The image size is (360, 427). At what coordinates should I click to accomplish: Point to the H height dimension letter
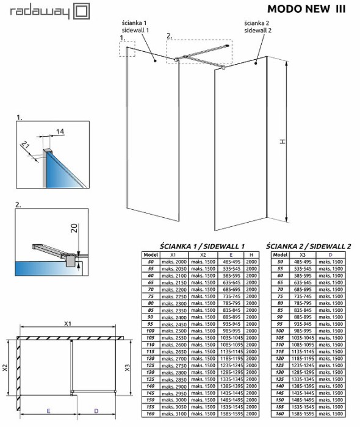coord(282,141)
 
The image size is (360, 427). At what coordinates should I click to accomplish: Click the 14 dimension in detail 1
coord(60,131)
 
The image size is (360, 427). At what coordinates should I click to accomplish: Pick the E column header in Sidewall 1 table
coord(231,254)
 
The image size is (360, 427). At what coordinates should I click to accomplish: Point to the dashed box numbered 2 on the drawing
coord(199,52)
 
